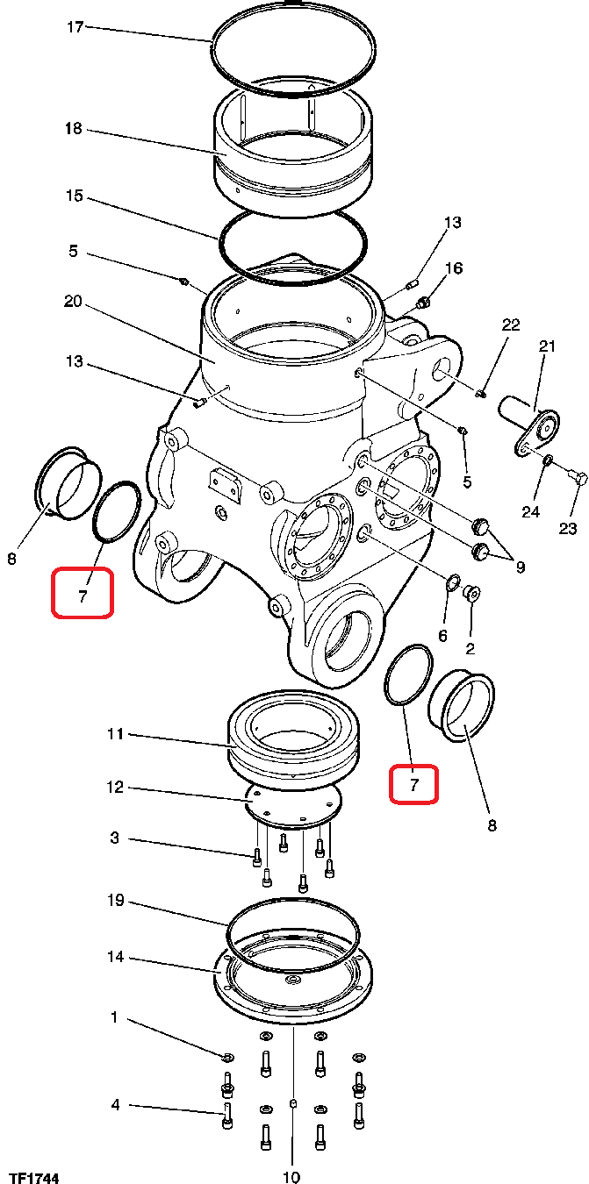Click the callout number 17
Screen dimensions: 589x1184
click(x=75, y=27)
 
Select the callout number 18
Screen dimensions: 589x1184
click(x=74, y=128)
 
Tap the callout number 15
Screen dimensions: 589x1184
click(x=75, y=196)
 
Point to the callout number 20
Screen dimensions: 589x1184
click(x=73, y=302)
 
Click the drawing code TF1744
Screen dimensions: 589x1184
click(x=35, y=1178)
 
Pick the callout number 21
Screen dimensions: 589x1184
click(x=547, y=346)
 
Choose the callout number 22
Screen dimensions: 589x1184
click(x=511, y=324)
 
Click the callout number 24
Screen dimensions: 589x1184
click(x=531, y=511)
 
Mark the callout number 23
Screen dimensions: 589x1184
click(x=567, y=529)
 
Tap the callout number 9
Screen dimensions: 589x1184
click(x=521, y=567)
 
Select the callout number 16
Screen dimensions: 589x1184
click(x=454, y=268)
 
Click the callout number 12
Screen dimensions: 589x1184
click(x=115, y=787)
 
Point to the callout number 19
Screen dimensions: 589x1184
click(x=115, y=900)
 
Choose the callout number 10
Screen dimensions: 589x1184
click(x=291, y=1177)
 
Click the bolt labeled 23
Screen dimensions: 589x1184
click(x=579, y=479)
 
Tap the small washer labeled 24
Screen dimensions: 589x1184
click(x=549, y=461)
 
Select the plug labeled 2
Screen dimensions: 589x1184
click(x=470, y=594)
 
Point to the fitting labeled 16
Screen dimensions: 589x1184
click(x=422, y=303)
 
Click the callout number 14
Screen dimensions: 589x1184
click(x=115, y=957)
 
